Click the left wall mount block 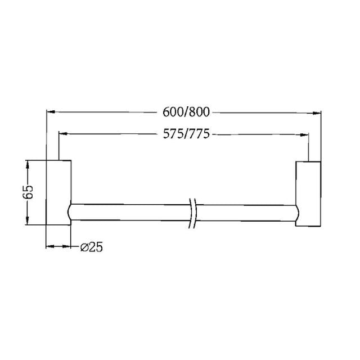(x=58, y=193)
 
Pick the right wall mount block (x=308, y=193)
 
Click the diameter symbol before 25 (x=83, y=246)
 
